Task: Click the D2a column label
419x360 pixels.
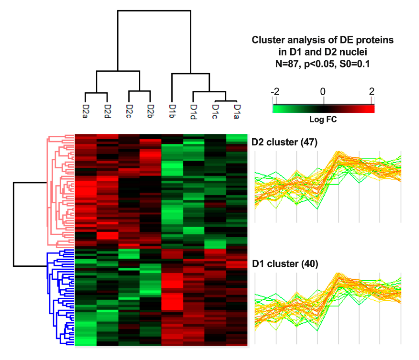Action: [85, 111]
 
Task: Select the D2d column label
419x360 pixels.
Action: [107, 111]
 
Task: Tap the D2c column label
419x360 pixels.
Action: [129, 111]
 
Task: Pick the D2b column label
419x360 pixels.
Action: [150, 111]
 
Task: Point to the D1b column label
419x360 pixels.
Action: [172, 111]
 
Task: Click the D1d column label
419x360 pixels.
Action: [193, 111]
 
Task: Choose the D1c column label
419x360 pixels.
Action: [215, 111]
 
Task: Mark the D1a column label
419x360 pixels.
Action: [237, 111]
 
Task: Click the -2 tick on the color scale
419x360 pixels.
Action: [275, 92]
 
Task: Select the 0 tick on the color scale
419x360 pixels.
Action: [323, 92]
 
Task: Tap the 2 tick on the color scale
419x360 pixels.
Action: [371, 92]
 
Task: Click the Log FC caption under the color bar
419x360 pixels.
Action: [323, 119]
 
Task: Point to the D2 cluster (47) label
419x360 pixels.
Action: [284, 142]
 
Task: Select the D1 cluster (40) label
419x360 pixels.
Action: [285, 264]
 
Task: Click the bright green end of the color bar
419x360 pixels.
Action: [277, 109]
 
